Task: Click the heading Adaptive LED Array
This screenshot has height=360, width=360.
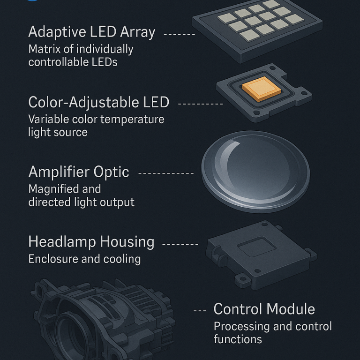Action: coord(92,32)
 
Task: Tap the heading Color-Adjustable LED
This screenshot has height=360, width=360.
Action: coord(99,102)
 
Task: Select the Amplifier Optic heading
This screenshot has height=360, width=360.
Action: coord(79,172)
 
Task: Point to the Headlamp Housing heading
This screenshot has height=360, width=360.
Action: coord(91,242)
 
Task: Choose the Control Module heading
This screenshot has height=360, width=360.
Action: coord(264,309)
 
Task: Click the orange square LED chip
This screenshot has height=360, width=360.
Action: coord(262,89)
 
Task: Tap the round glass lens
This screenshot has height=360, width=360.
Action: coord(255,172)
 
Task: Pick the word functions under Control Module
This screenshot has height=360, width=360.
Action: coord(238,339)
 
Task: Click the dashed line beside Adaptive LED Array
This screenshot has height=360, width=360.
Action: coord(180,34)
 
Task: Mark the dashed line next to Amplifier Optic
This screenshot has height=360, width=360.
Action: coord(166,173)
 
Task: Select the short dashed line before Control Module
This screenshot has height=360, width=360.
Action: coord(200,310)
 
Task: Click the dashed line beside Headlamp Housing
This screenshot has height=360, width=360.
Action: coord(180,244)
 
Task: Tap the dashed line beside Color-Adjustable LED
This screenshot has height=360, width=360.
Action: coord(201,104)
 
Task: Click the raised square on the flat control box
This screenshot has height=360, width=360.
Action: coord(257,247)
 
